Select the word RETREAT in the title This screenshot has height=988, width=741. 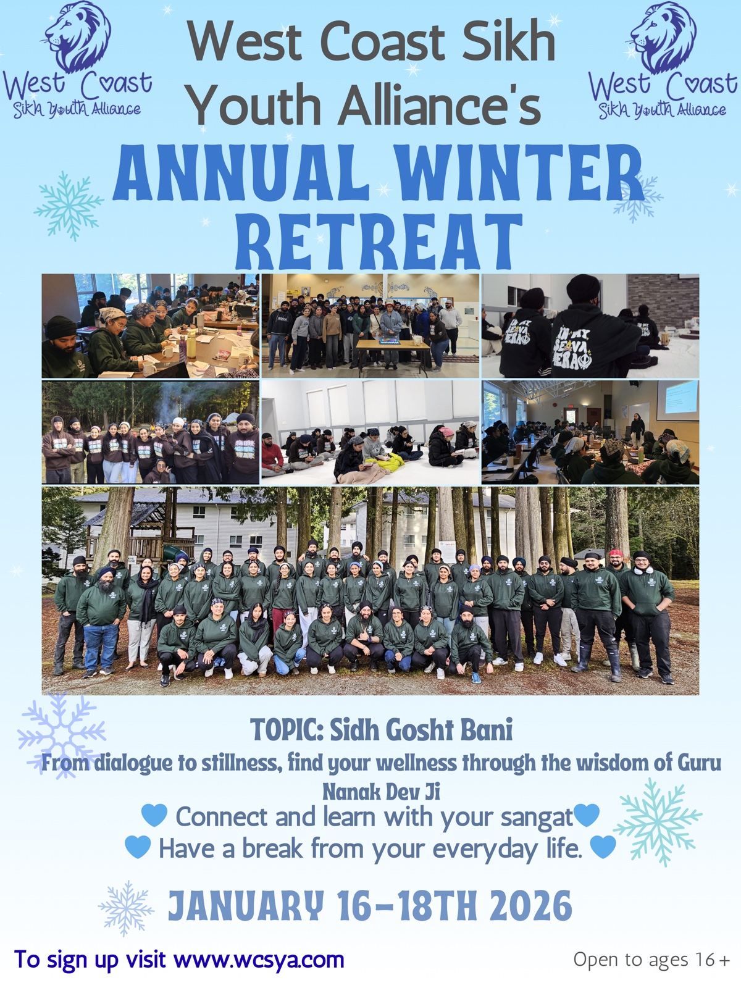tap(379, 241)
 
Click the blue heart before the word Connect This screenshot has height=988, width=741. tap(154, 815)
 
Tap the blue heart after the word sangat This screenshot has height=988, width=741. tap(587, 815)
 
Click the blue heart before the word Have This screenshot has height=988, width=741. tap(138, 847)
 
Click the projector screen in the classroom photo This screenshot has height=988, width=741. tap(677, 397)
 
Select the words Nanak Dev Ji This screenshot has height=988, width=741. tap(381, 792)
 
